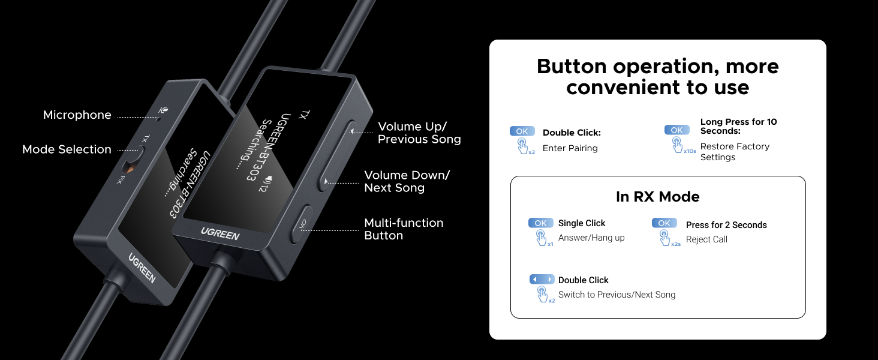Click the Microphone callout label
click(x=77, y=115)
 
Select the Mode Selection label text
click(x=67, y=149)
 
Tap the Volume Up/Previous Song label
click(x=419, y=133)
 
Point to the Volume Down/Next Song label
click(x=407, y=182)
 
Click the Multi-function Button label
click(x=404, y=229)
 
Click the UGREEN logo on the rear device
click(x=142, y=268)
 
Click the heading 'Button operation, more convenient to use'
click(x=657, y=76)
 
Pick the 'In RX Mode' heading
click(x=657, y=197)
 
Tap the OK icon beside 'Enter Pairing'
click(x=522, y=131)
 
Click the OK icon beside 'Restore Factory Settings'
click(x=676, y=130)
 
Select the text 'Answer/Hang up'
click(x=591, y=238)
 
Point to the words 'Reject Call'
click(x=706, y=239)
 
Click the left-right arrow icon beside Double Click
click(x=542, y=280)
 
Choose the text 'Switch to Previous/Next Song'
click(x=617, y=295)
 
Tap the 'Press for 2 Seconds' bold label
click(x=726, y=225)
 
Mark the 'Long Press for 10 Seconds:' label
click(x=738, y=126)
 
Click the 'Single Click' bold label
click(x=582, y=223)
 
